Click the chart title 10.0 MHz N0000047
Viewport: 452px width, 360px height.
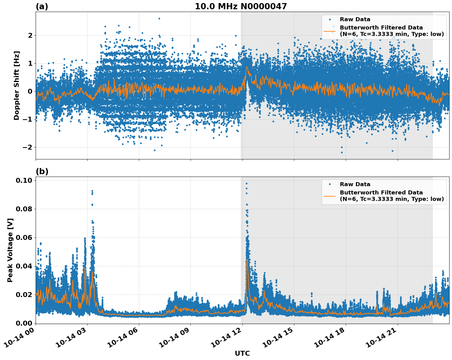(x=241, y=6)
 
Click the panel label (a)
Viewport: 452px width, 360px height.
(x=42, y=6)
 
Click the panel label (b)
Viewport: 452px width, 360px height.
(x=42, y=171)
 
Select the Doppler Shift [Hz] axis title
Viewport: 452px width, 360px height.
(x=17, y=85)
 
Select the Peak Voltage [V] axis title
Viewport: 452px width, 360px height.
(x=10, y=250)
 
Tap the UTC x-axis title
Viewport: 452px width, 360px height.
(x=242, y=353)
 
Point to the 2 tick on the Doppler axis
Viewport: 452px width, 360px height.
(x=30, y=36)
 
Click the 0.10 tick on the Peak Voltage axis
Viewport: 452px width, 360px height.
(x=24, y=180)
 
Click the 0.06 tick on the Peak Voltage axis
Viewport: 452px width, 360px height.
(x=24, y=237)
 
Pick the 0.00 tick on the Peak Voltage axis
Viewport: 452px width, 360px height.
(x=24, y=323)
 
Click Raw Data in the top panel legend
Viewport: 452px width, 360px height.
(x=355, y=19)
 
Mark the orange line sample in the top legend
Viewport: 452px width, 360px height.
(x=330, y=31)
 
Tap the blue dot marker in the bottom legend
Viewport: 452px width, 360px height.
(x=330, y=184)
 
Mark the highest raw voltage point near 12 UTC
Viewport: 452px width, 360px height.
(x=246, y=183)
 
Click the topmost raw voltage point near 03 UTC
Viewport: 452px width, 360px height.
(x=92, y=191)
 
